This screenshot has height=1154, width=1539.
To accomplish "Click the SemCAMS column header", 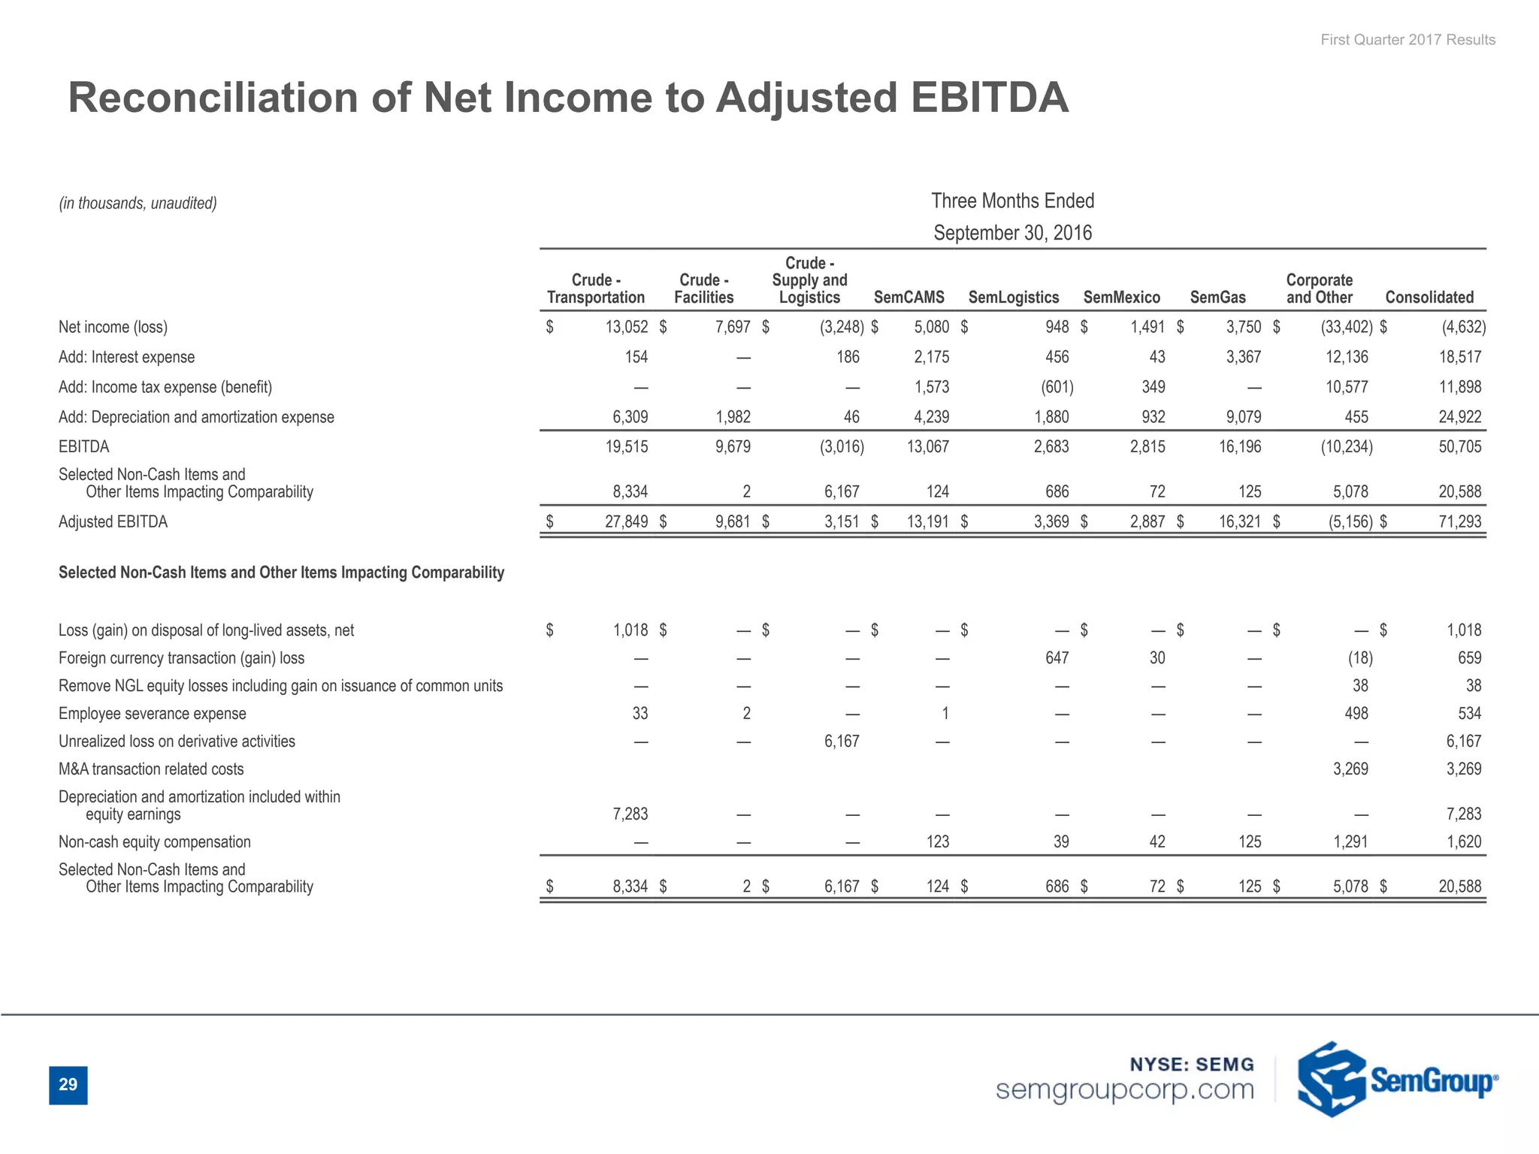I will tap(909, 298).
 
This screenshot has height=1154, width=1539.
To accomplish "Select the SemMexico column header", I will tap(1121, 298).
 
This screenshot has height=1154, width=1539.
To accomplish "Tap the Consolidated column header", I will tap(1429, 298).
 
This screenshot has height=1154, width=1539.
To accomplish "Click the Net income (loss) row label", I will tap(113, 327).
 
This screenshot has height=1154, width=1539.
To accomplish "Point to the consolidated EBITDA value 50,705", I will tap(1459, 447).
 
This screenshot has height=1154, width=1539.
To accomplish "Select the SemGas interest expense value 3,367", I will tap(1243, 357).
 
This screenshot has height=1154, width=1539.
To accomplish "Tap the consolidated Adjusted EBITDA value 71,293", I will tap(1459, 521).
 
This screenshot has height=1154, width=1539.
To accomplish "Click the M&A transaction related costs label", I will tap(151, 769).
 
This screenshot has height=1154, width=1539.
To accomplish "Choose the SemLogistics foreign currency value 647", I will tap(1057, 658).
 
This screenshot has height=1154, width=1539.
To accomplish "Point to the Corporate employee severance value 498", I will tap(1356, 714).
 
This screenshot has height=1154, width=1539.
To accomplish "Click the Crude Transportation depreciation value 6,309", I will tap(630, 417).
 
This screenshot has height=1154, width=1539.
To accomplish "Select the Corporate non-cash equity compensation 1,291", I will tap(1350, 842).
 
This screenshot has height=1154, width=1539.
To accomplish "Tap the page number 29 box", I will tap(68, 1085).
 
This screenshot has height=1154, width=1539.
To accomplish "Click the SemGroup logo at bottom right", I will tap(1396, 1080).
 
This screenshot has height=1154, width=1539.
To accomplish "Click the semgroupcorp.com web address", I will tap(1124, 1089).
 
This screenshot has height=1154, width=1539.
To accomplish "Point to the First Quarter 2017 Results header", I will tap(1407, 40).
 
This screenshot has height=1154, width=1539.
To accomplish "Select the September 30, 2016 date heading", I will tap(1012, 233).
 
